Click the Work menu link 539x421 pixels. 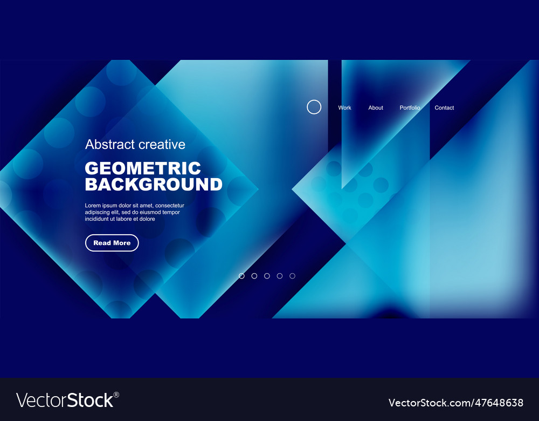tap(344, 108)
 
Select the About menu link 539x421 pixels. tap(376, 108)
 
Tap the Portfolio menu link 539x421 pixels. tap(410, 108)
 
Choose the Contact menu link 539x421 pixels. tap(444, 108)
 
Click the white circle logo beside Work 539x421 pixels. tap(314, 107)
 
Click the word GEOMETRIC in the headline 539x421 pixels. tap(143, 168)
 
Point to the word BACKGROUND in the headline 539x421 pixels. tap(154, 185)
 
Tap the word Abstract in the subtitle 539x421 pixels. tap(110, 145)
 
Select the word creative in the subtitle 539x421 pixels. tap(162, 145)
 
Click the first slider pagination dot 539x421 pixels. tap(241, 276)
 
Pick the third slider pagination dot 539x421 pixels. tap(267, 276)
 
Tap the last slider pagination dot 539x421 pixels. tap(292, 276)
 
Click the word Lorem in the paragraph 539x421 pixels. tap(93, 206)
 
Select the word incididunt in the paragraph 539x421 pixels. tap(99, 219)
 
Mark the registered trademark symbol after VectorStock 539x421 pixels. tap(116, 395)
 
